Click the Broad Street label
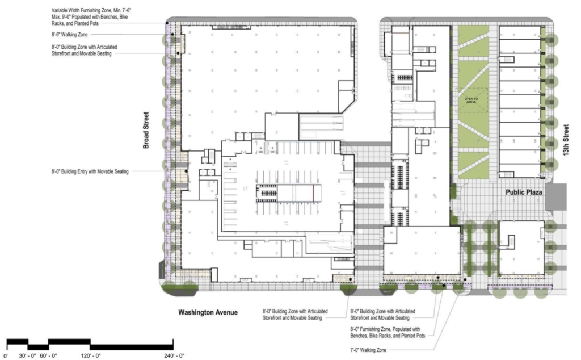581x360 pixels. (146, 130)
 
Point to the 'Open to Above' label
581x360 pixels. (473, 101)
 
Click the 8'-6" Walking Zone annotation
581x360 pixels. (70, 35)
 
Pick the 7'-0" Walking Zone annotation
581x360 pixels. (368, 350)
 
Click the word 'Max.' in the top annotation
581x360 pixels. (57, 18)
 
